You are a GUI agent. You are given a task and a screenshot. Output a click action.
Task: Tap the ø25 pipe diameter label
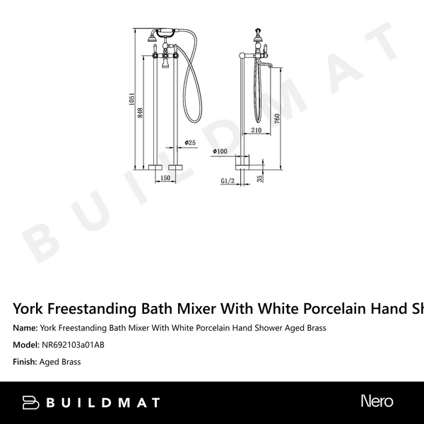189,143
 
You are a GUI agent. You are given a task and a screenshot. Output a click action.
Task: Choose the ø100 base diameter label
218,151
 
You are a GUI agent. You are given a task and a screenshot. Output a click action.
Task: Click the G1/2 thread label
228,181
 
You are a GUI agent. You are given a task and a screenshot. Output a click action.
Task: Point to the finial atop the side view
258,33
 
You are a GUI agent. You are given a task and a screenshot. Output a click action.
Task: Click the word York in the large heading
32,308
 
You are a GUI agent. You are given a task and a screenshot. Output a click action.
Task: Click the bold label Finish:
25,362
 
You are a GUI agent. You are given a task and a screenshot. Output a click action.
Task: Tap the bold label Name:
25,328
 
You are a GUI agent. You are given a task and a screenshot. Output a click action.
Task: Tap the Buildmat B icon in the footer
30,403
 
